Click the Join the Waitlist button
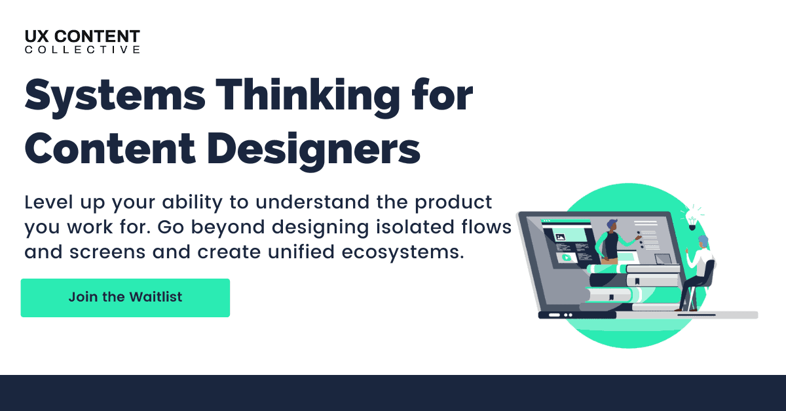(125, 298)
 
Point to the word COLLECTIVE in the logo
(83, 50)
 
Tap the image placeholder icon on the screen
(561, 237)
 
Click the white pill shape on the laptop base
(555, 315)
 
